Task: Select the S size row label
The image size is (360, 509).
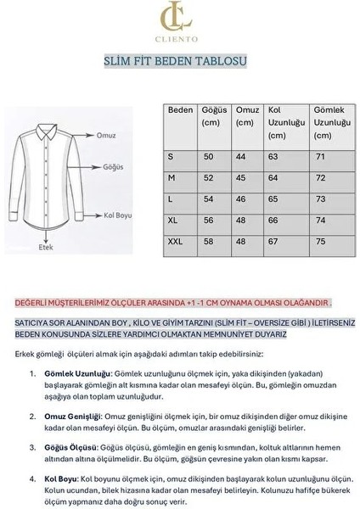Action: pyautogui.click(x=172, y=157)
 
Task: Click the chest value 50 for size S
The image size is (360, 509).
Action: pyautogui.click(x=208, y=157)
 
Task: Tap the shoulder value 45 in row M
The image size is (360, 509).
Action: pyautogui.click(x=240, y=178)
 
